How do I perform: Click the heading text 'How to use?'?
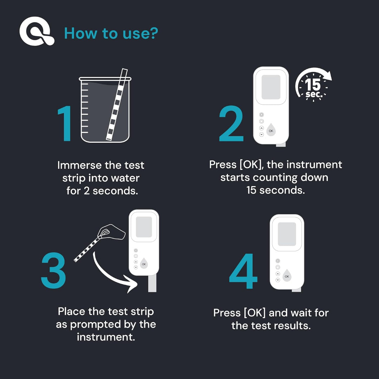pyautogui.click(x=111, y=33)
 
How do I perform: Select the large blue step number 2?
pyautogui.click(x=231, y=125)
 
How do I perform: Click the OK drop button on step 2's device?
pyautogui.click(x=271, y=130)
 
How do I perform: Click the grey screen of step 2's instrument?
pyautogui.click(x=271, y=87)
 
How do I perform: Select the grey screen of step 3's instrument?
pyautogui.click(x=144, y=227)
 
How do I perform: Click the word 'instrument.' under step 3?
pyautogui.click(x=106, y=337)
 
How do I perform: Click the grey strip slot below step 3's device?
pyautogui.click(x=152, y=284)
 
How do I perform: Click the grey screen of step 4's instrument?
pyautogui.click(x=287, y=234)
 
